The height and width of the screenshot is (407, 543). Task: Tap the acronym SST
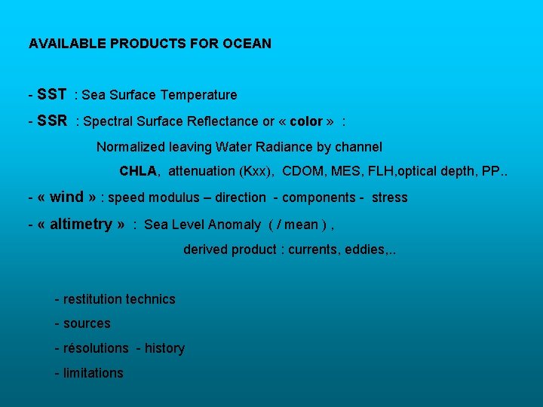51,94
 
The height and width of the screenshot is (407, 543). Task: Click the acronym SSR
52,121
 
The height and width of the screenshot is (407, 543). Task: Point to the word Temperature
198,95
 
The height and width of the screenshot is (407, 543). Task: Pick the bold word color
306,121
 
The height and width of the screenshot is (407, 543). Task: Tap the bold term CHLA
139,171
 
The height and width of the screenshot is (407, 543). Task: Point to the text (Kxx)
256,171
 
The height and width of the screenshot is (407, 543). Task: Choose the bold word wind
66,197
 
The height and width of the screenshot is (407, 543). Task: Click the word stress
389,197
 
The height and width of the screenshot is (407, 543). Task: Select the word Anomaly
235,225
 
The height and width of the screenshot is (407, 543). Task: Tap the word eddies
364,249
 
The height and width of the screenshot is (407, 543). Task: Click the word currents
313,249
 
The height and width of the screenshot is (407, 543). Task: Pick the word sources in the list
87,323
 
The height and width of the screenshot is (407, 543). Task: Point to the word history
164,348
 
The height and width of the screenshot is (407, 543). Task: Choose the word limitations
93,373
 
